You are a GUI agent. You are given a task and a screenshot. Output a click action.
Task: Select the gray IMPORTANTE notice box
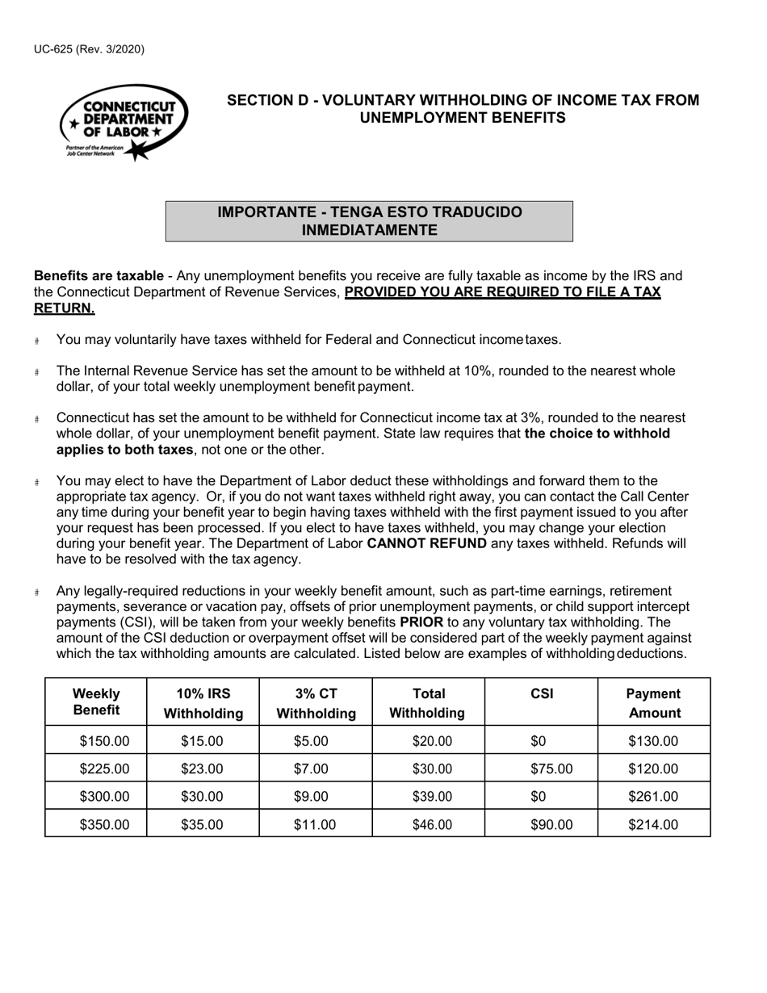(369, 221)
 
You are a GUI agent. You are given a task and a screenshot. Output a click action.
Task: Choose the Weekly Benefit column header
(96, 702)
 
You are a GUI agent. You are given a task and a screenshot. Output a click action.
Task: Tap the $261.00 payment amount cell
(653, 797)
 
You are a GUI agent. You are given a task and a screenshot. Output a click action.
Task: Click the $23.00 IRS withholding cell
(202, 769)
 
